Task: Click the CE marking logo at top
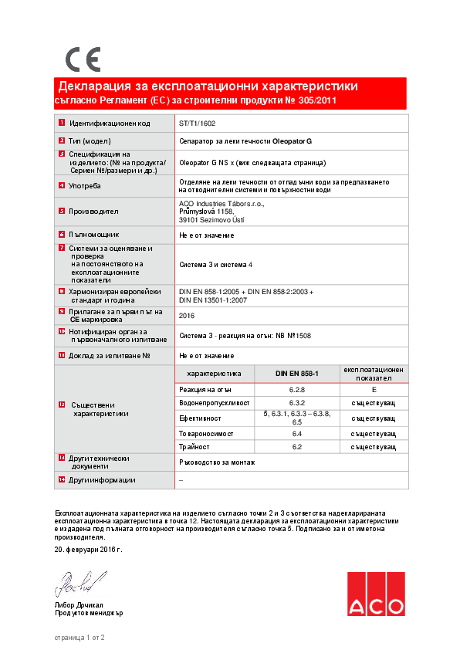point(82,59)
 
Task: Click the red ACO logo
point(375,594)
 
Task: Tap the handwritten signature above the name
point(79,582)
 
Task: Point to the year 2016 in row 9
point(187,316)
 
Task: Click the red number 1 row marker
point(61,124)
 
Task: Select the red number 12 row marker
point(62,405)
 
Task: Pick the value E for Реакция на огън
point(374,391)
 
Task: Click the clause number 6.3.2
point(297,404)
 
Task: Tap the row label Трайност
point(194,446)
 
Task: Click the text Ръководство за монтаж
point(216,462)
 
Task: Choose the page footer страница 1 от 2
point(79,638)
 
